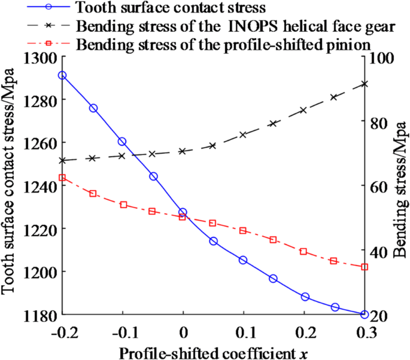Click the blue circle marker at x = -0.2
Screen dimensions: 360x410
[62, 75]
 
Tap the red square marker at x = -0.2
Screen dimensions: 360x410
[62, 178]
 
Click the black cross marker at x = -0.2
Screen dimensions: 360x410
[62, 160]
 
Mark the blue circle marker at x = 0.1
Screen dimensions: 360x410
[243, 260]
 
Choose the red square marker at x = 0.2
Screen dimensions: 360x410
[303, 252]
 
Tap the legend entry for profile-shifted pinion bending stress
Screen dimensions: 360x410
[222, 45]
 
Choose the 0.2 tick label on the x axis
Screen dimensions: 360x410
[303, 331]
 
